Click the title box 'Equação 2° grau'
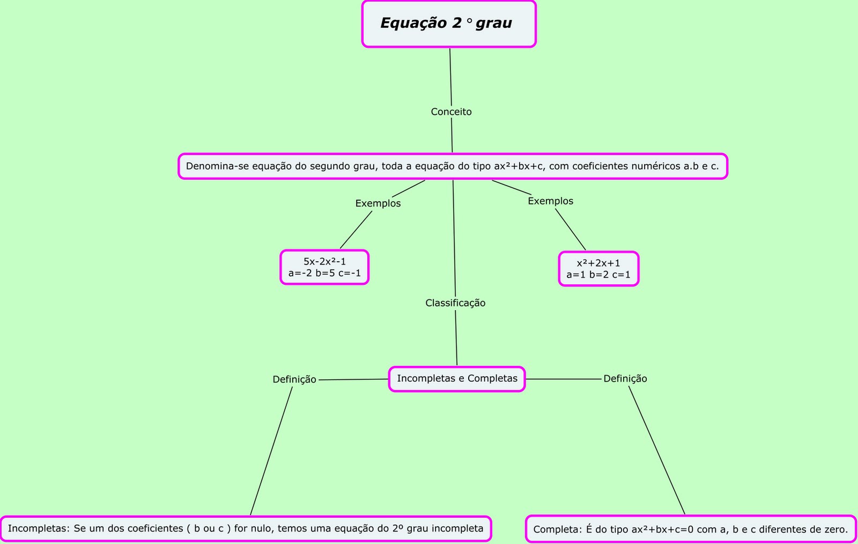tap(449, 24)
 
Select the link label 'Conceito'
tap(451, 112)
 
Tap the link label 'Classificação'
tap(455, 303)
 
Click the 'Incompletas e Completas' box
tap(457, 379)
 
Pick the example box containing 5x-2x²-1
tap(324, 267)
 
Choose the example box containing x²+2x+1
tap(598, 269)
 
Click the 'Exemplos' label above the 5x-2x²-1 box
tap(378, 203)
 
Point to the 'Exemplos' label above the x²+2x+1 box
tap(550, 201)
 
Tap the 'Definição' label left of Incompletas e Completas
tap(294, 379)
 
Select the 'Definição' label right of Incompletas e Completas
tap(625, 379)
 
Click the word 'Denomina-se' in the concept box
tap(211, 166)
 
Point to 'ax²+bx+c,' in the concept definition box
tap(519, 166)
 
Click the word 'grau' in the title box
tap(493, 23)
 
